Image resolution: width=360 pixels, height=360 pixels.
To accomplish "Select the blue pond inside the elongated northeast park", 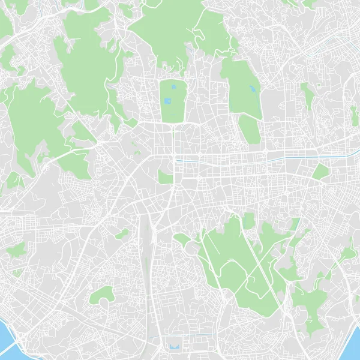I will pos(252,90).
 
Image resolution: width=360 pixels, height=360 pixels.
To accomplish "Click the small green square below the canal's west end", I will pos(164,176).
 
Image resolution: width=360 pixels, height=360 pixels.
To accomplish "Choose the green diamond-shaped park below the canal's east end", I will pos(321,172).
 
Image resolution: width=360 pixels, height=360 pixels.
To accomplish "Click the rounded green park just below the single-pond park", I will pos(250,129).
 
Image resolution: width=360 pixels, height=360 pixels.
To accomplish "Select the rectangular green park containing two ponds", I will pos(173,99).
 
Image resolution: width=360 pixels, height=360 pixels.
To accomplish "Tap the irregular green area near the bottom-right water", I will pos(312,306).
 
